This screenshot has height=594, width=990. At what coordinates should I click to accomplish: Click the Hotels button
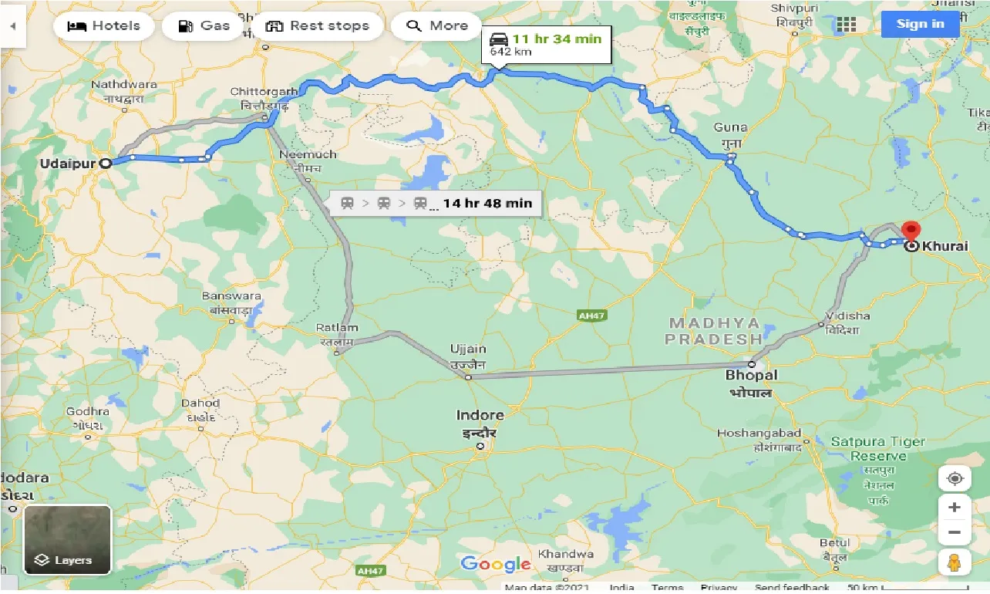pos(104,25)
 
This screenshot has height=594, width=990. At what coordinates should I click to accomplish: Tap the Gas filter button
pos(204,25)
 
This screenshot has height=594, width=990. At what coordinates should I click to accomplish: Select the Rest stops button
pos(318,25)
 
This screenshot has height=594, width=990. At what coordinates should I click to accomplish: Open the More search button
pos(437,25)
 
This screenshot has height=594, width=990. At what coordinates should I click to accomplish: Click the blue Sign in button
pos(920,23)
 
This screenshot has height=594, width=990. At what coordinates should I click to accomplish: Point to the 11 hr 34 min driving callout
pos(546,45)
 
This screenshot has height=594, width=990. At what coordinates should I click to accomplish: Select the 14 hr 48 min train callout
pos(436,203)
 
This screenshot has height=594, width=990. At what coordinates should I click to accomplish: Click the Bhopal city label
pos(751,376)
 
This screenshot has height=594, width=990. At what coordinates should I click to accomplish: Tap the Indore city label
pos(480,415)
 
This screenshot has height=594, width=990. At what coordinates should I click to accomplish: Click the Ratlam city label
pos(337,328)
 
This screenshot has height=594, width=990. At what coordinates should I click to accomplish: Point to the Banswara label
pos(231,296)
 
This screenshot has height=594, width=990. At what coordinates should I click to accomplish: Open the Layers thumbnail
pos(68,540)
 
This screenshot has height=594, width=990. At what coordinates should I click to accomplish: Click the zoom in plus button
pos(955,507)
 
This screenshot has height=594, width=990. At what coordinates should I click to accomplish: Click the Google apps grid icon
pos(847,24)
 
